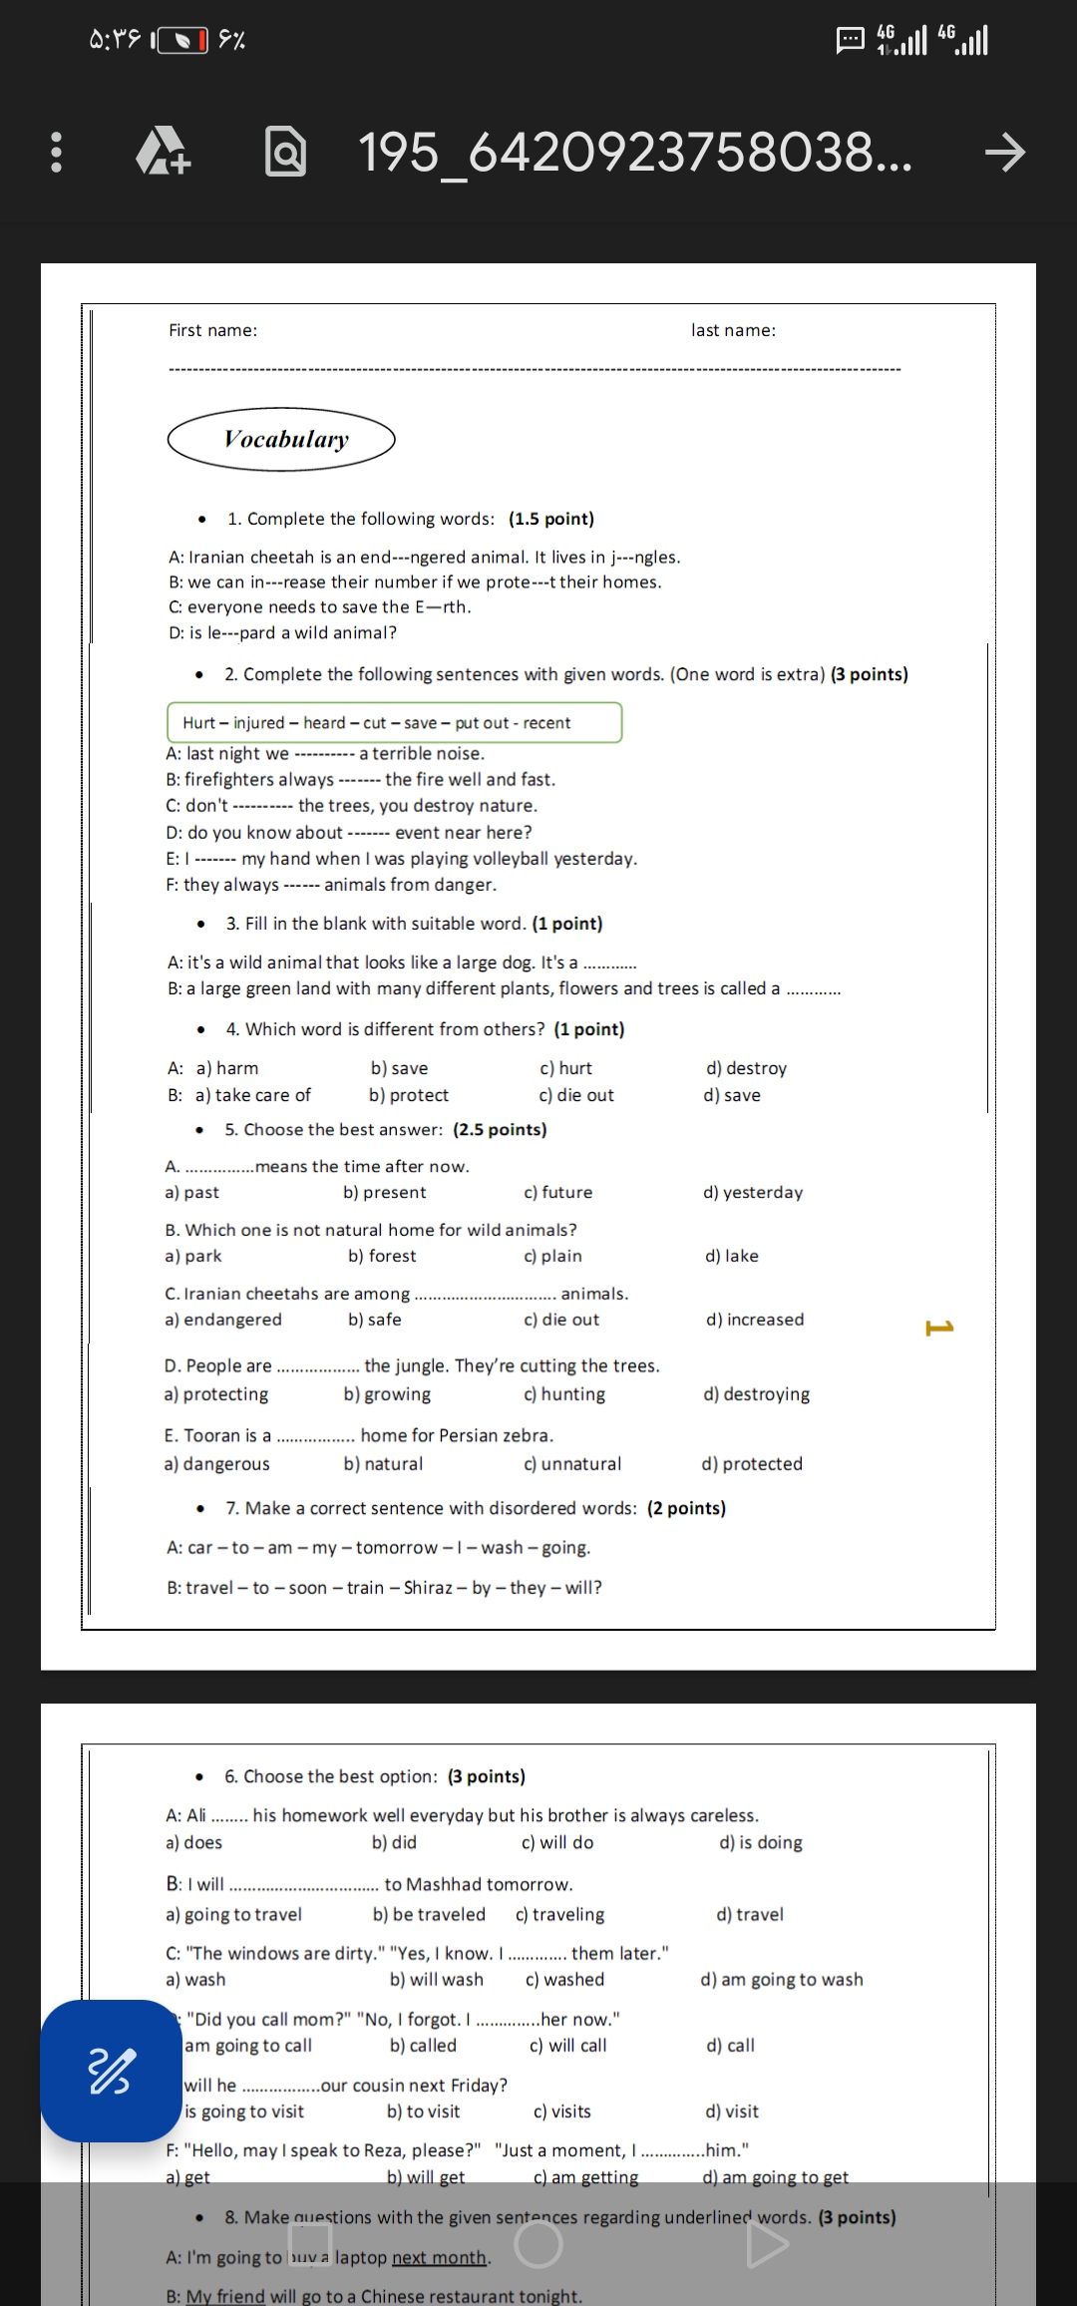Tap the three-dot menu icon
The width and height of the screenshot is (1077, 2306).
click(56, 152)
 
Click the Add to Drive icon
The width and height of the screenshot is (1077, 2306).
click(163, 152)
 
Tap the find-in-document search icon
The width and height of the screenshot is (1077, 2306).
click(285, 152)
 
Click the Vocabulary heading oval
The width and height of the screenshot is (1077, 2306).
click(281, 439)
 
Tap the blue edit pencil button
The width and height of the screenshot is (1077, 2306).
click(110, 2071)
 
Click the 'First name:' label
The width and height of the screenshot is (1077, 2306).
click(212, 330)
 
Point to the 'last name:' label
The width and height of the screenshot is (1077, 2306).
click(733, 330)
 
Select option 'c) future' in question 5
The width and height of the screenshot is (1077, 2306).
click(557, 1192)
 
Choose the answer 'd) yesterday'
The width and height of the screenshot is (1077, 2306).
click(752, 1192)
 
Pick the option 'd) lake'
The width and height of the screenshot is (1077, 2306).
click(731, 1256)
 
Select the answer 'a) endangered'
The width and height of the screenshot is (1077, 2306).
click(223, 1320)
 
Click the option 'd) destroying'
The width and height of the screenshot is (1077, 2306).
click(756, 1393)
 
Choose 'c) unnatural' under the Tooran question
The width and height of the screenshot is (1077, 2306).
click(571, 1463)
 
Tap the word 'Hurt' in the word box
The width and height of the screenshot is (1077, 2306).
click(198, 722)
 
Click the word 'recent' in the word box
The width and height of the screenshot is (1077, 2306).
click(546, 722)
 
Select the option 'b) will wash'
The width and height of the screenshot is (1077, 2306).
click(436, 1979)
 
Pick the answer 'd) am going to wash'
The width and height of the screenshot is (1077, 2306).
click(781, 1979)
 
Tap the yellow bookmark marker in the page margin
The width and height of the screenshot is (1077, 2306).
click(939, 1327)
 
